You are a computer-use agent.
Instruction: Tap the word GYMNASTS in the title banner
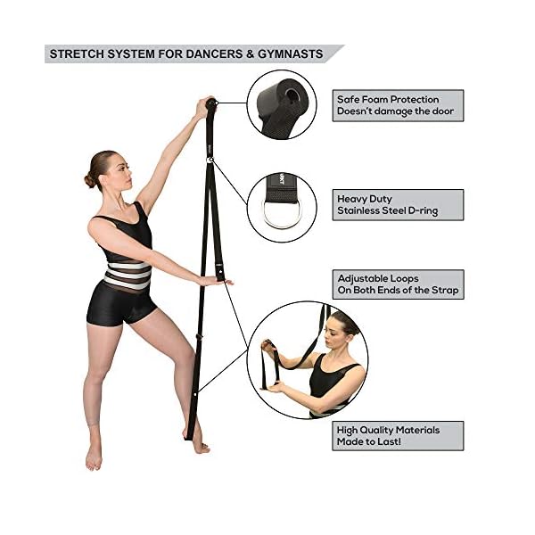[x=291, y=53]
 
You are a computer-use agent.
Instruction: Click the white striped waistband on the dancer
[x=128, y=273]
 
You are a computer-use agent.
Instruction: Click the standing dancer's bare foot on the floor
[x=93, y=457]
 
